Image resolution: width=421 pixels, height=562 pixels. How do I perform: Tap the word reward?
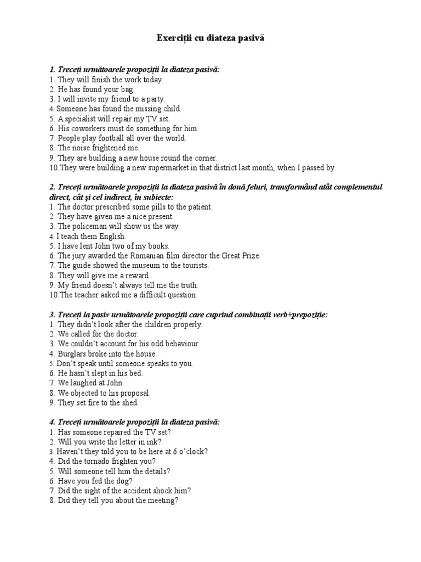coord(136,276)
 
